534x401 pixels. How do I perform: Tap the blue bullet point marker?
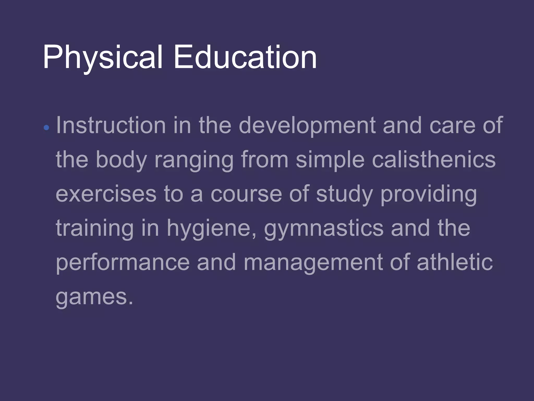pyautogui.click(x=46, y=128)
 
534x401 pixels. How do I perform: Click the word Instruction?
pyautogui.click(x=111, y=125)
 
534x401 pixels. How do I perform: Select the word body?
pyautogui.click(x=122, y=160)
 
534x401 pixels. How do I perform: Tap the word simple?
pyautogui.click(x=330, y=160)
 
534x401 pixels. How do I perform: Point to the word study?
pyautogui.click(x=344, y=194)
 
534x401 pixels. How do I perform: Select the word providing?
pyautogui.click(x=429, y=194)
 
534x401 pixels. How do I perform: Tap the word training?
pyautogui.click(x=95, y=229)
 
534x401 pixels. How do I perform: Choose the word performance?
pyautogui.click(x=123, y=263)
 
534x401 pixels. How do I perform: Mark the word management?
pyautogui.click(x=313, y=263)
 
